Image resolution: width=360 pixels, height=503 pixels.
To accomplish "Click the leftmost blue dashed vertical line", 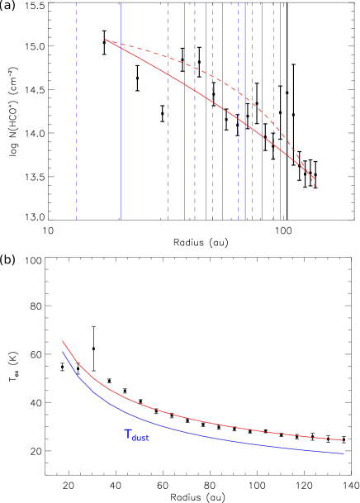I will click(77, 124).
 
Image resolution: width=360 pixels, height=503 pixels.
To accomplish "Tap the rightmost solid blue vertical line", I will click(244, 165).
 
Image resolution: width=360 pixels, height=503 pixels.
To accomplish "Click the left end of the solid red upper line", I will click(106, 40).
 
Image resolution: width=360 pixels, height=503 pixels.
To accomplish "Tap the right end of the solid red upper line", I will click(315, 178).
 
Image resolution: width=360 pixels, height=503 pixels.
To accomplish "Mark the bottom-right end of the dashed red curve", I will click(315, 187).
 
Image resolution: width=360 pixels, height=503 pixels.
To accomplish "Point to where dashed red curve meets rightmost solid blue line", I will click(244, 97).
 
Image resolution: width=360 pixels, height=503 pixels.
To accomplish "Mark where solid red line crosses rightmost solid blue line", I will click(244, 123).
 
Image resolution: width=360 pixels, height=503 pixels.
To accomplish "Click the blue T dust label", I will click(136, 435).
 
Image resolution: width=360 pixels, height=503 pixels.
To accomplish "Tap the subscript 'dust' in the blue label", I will click(141, 438).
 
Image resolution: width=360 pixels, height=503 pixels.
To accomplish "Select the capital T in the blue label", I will click(128, 434).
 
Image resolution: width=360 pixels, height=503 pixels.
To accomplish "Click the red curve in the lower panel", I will click(206, 422).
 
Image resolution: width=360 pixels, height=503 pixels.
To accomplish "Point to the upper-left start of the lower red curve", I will click(63, 340).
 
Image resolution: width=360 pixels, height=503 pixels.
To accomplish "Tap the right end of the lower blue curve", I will click(343, 453).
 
